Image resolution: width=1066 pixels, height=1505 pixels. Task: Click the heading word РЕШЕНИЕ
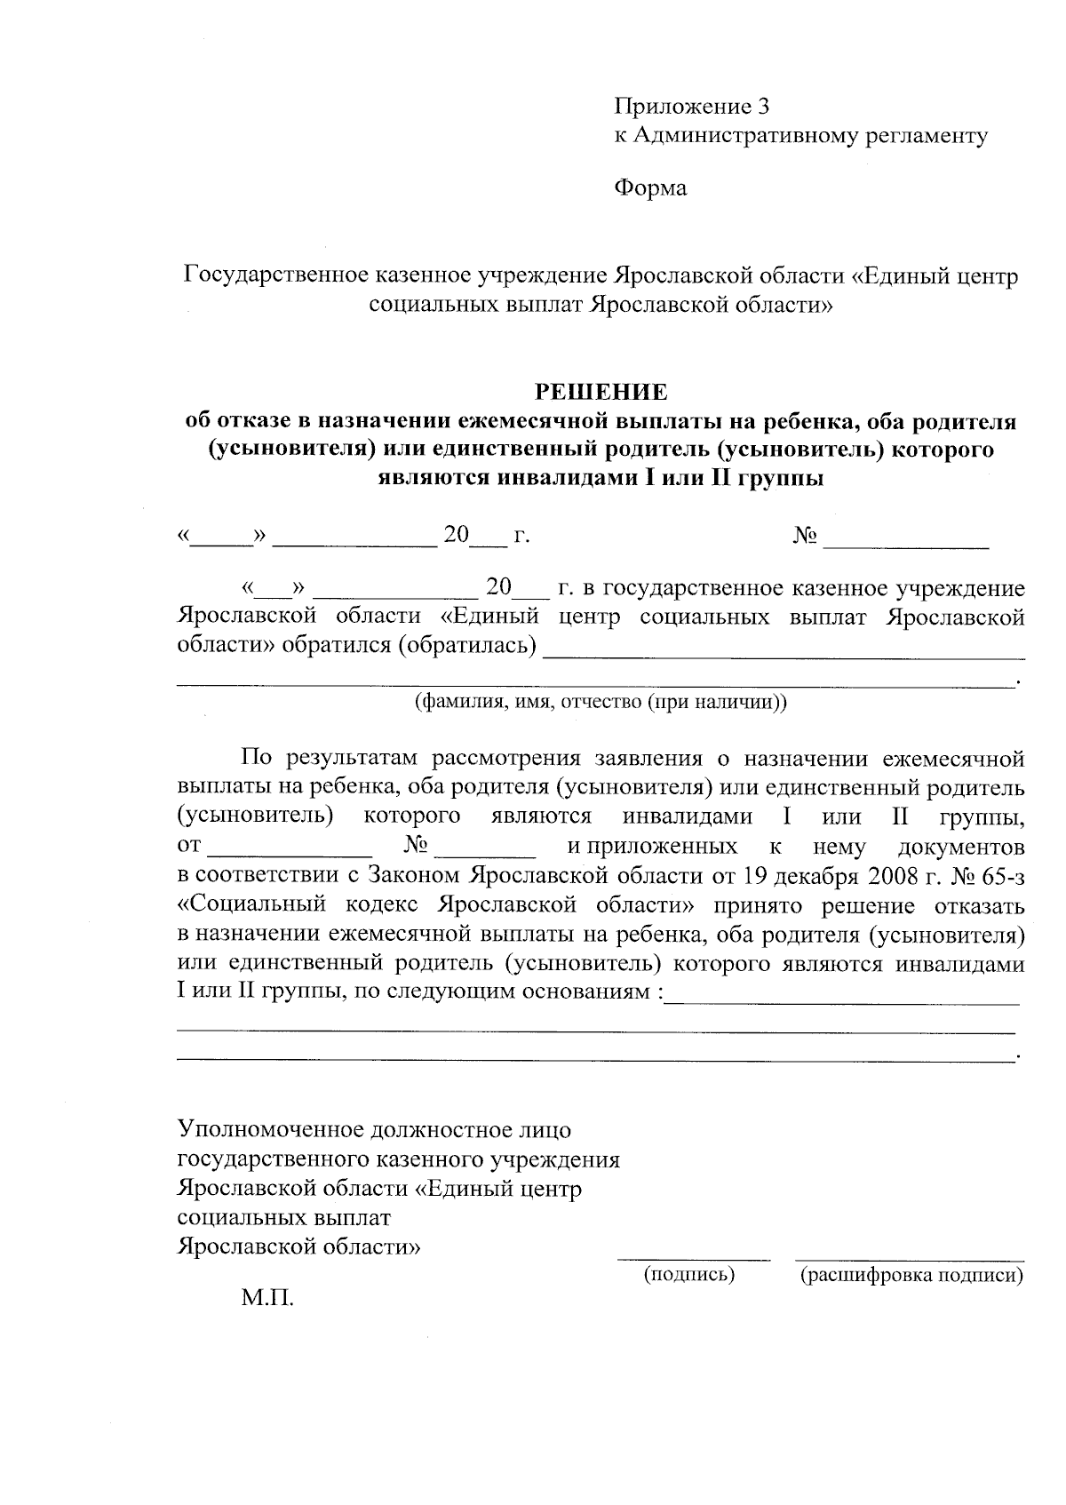pos(600,392)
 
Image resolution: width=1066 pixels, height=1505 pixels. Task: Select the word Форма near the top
pos(650,188)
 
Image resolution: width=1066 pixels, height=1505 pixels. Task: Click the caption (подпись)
pos(689,1275)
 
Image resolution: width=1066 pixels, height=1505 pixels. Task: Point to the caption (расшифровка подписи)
pos(911,1276)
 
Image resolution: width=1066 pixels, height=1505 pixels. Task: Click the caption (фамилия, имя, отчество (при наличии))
pos(601,702)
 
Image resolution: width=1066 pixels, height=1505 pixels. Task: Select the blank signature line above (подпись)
pos(694,1256)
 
